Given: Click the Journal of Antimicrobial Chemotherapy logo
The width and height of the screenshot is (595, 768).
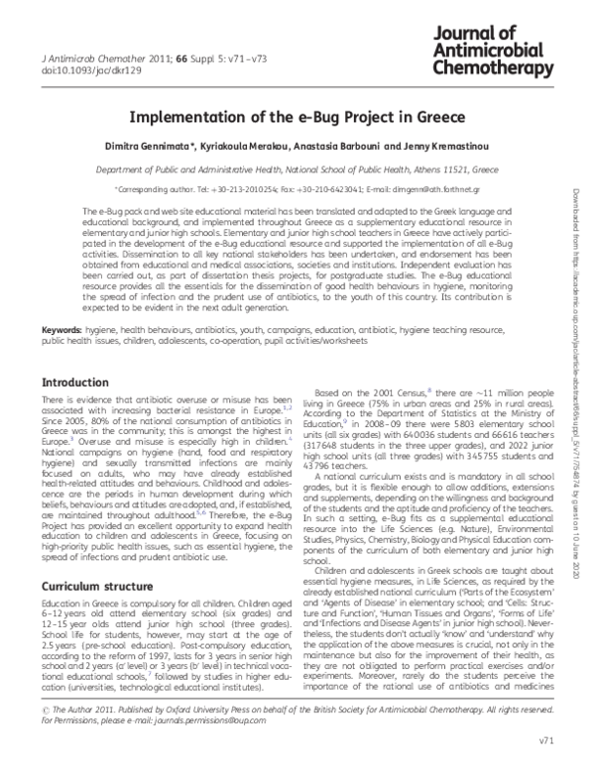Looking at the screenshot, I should coord(493,48).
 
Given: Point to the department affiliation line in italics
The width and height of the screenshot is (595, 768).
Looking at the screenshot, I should coord(297,169).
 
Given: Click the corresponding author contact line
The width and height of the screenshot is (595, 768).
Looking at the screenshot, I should coord(297,188).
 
